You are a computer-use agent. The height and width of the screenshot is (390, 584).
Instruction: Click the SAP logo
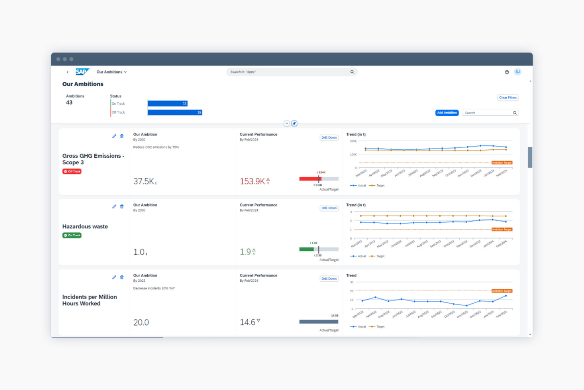(82, 72)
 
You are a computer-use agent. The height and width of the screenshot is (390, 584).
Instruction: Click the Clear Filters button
(507, 98)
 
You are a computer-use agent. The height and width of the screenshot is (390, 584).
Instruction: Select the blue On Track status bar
(167, 104)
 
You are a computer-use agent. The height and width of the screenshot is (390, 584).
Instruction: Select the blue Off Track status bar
(175, 113)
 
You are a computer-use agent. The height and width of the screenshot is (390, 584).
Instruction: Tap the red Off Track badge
(72, 171)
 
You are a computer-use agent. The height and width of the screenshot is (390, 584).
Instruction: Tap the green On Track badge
(72, 236)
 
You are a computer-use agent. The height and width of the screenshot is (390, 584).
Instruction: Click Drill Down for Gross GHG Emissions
(329, 138)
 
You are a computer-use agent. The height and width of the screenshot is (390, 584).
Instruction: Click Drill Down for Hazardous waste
(329, 208)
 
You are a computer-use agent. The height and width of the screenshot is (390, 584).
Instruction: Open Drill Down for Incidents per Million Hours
(329, 279)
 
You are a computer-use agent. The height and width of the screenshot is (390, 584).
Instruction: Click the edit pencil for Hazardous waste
(114, 207)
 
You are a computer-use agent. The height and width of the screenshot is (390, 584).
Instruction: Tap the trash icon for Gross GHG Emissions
(122, 136)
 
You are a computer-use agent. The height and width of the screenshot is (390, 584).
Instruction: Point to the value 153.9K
(253, 181)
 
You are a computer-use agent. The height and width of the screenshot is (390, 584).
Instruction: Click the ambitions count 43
(69, 103)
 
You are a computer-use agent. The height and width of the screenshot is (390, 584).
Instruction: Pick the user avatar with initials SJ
(517, 72)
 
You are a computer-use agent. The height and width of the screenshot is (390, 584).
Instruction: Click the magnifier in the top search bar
(352, 72)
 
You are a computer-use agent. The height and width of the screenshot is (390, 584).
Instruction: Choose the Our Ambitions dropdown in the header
(112, 72)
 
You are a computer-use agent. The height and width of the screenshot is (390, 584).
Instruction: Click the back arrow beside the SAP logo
(68, 72)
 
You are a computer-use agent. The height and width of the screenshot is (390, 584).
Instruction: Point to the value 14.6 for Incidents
(248, 322)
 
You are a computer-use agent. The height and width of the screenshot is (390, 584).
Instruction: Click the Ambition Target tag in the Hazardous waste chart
(502, 230)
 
